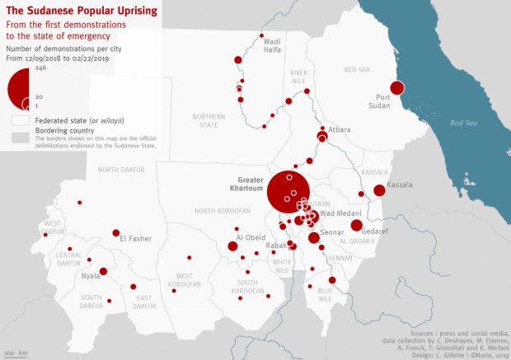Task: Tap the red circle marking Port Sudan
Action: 397,88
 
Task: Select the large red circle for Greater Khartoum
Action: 289,194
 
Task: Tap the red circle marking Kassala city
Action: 379,190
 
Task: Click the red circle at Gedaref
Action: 356,225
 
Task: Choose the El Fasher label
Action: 135,239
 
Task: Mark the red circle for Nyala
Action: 103,271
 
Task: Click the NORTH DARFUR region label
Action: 120,170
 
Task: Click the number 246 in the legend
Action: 39,68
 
